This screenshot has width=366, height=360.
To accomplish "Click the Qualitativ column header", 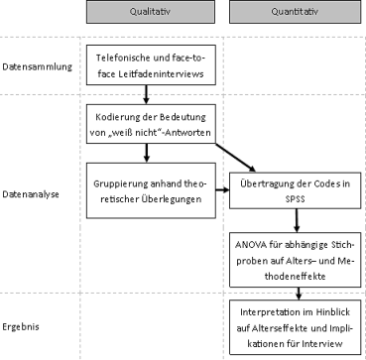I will point(146,13).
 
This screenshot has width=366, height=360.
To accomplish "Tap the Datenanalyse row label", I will point(31,194).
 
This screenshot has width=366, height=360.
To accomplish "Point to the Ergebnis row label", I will point(24,324).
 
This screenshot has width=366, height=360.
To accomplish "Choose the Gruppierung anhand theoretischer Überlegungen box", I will point(146,191).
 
